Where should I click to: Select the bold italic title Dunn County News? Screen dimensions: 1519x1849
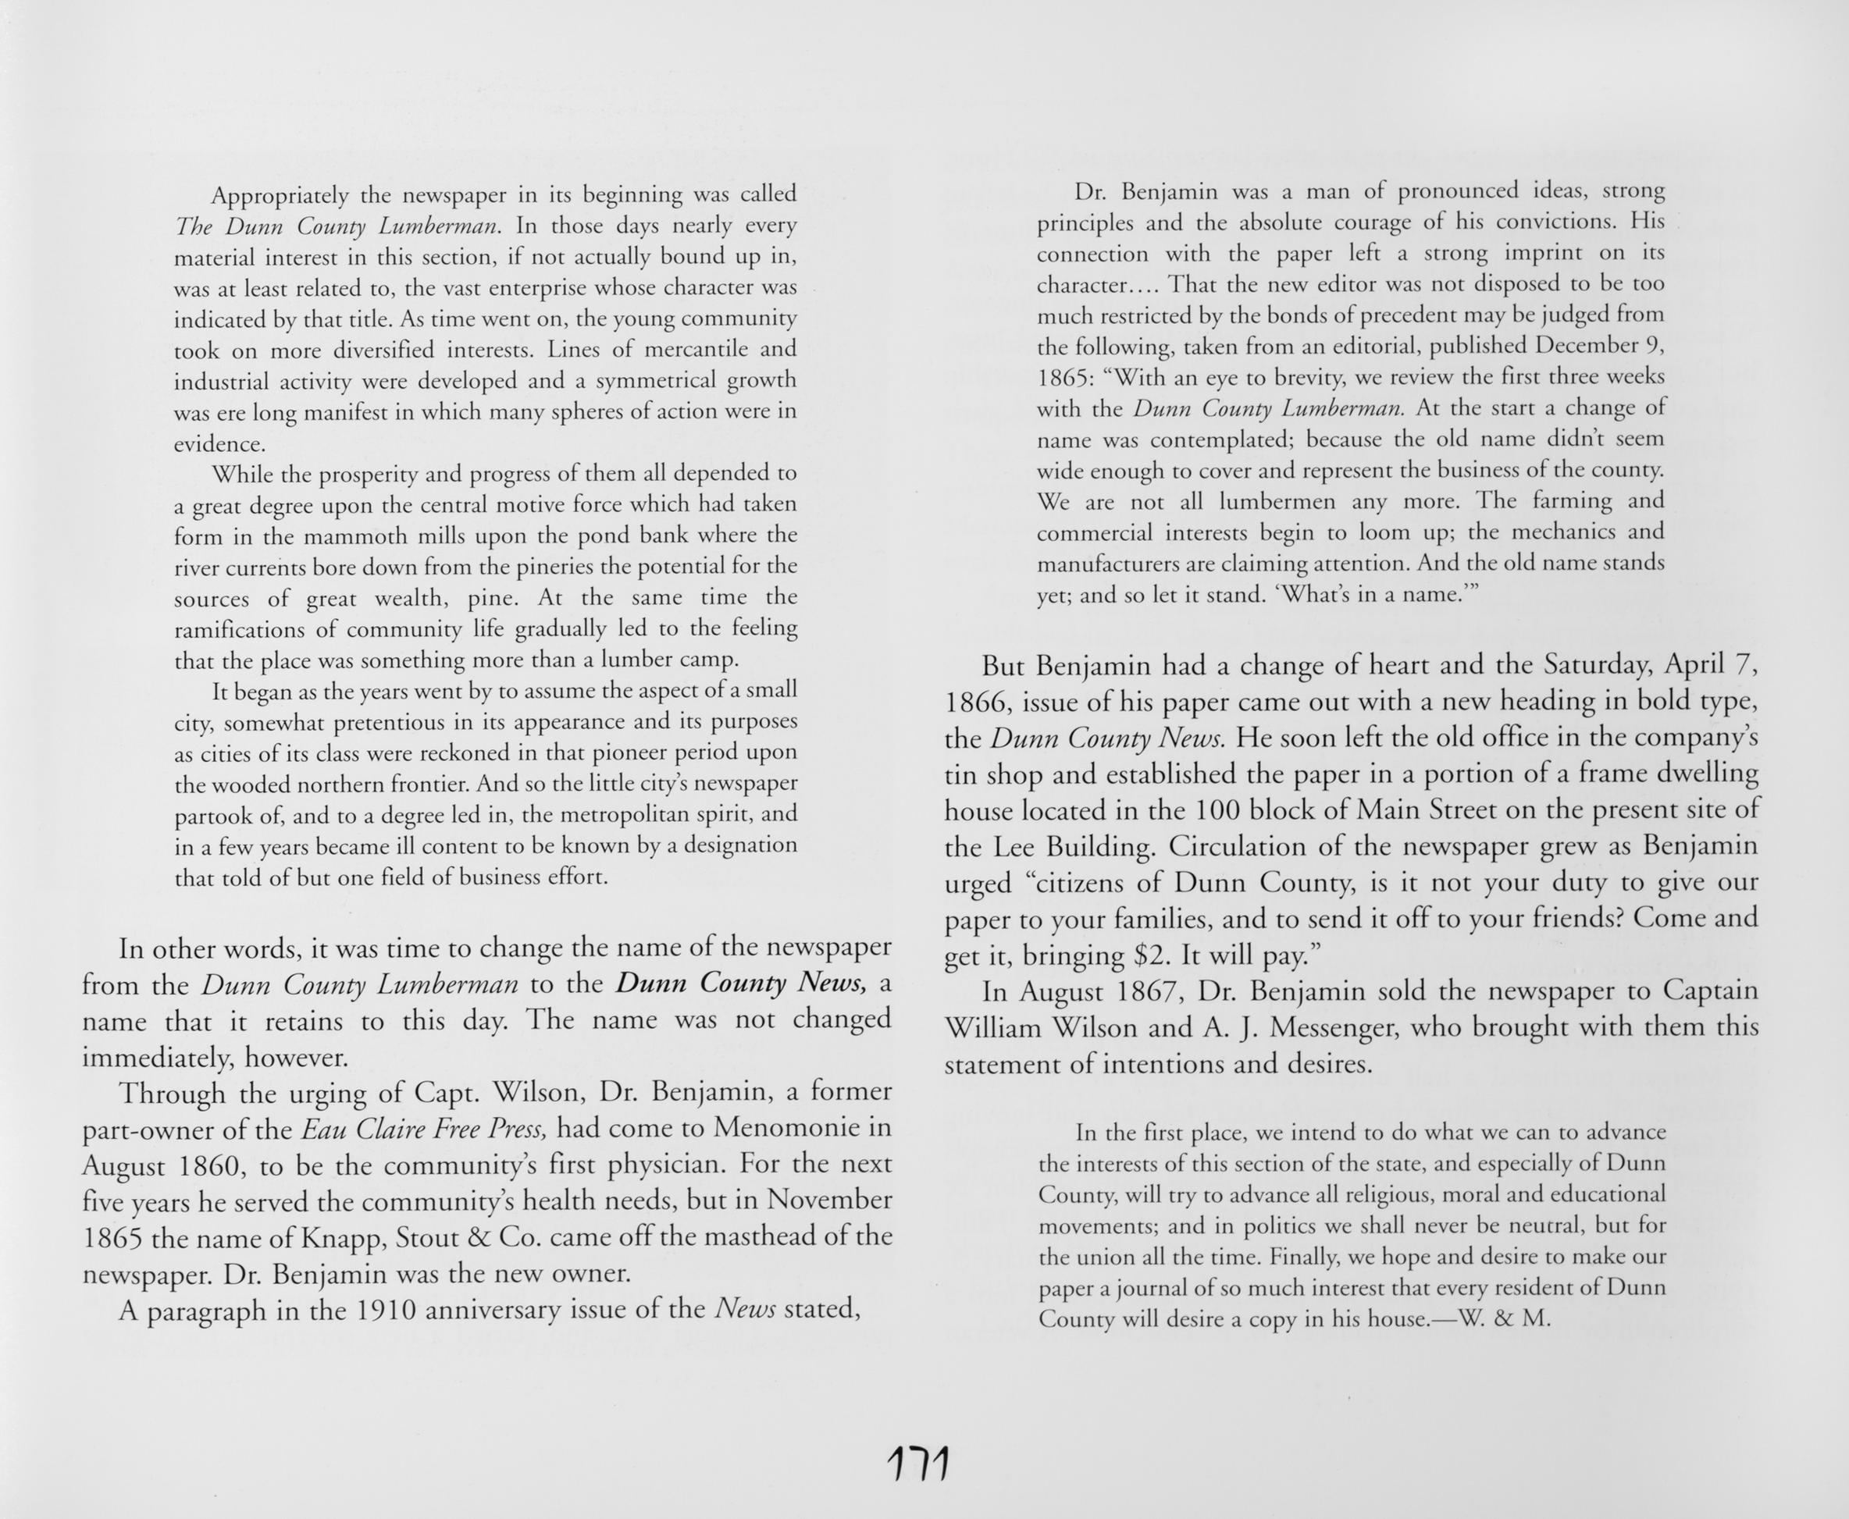(741, 984)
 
